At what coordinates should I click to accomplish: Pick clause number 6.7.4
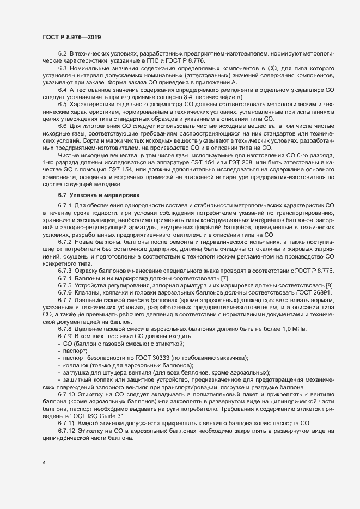[64, 278]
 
